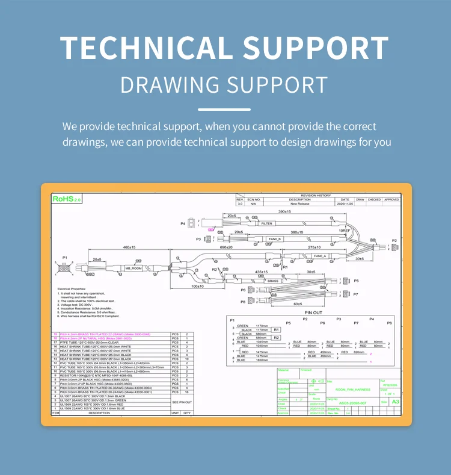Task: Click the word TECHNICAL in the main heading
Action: tap(142, 48)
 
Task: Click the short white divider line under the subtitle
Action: tap(224, 110)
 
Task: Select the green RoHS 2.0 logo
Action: tap(66, 198)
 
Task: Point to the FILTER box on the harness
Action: tap(266, 223)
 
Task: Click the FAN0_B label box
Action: tap(275, 239)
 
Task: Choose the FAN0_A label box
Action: tap(320, 256)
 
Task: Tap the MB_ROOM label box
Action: tap(133, 269)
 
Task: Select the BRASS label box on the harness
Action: tap(273, 281)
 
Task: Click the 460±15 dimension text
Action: tap(129, 247)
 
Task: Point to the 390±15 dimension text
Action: tap(284, 212)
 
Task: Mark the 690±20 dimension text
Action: tap(226, 247)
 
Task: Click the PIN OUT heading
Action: tap(313, 313)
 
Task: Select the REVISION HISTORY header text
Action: tap(316, 195)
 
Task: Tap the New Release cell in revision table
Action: tap(299, 203)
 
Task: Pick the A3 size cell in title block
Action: tap(395, 402)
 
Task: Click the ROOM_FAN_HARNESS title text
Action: tap(353, 390)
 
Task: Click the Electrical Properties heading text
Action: tap(72, 289)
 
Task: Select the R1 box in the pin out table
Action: tap(277, 330)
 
